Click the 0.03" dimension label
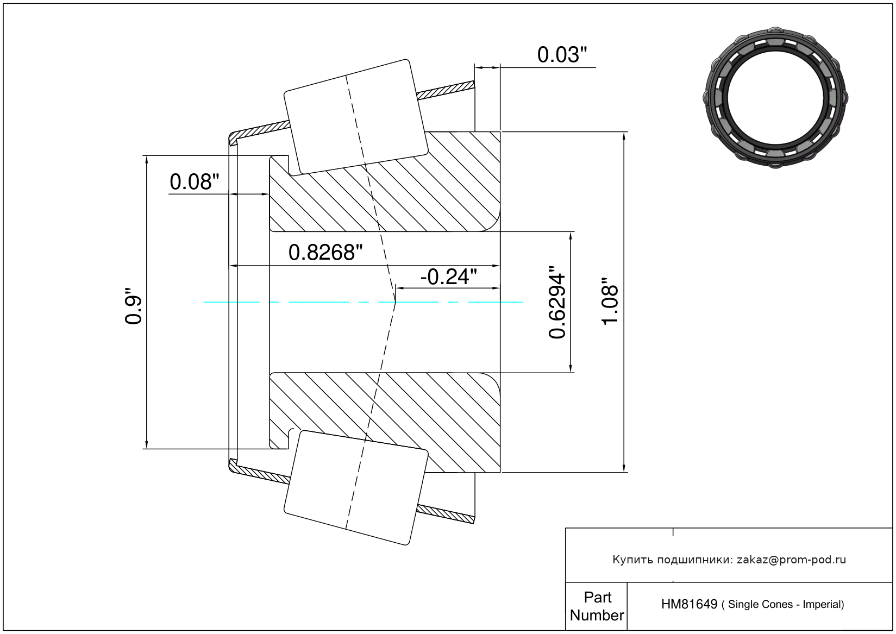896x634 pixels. (562, 55)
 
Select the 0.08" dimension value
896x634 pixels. (195, 182)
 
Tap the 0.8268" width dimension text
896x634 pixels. (325, 253)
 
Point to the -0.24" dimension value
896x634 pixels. (449, 277)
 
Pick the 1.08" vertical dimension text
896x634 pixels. (610, 302)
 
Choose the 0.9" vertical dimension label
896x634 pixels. (133, 306)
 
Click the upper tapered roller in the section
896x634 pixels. (356, 117)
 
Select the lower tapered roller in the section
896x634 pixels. (356, 488)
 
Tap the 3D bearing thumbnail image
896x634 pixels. (775, 98)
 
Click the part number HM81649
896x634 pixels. (689, 604)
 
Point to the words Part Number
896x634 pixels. (597, 606)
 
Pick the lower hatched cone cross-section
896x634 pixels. (385, 423)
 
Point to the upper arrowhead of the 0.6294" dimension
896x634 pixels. (571, 236)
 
